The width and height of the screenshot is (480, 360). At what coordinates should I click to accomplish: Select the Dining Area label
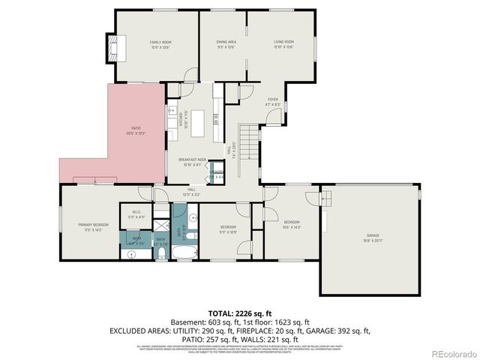click(227, 43)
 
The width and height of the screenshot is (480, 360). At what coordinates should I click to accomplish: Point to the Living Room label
click(283, 43)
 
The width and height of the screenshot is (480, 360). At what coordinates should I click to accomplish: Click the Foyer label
click(273, 99)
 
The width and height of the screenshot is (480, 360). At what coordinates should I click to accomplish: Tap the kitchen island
click(198, 123)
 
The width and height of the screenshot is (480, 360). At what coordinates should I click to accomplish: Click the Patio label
click(136, 129)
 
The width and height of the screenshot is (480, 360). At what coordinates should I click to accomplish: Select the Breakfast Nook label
click(192, 160)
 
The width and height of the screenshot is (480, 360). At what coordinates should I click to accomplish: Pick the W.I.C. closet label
click(137, 212)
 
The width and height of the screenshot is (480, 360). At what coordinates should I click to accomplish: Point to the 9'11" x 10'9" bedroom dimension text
click(228, 232)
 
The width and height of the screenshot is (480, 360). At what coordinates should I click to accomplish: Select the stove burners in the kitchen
click(216, 118)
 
